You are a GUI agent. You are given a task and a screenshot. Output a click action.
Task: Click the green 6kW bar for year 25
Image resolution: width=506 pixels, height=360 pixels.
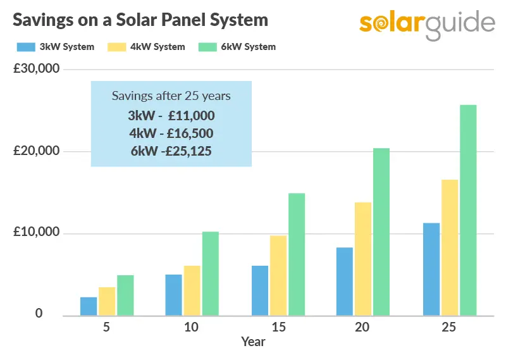(x=468, y=210)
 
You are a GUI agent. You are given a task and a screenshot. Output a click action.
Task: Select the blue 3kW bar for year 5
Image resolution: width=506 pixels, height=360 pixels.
(x=89, y=306)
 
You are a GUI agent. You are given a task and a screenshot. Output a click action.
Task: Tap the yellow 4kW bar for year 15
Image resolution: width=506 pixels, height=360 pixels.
(x=278, y=275)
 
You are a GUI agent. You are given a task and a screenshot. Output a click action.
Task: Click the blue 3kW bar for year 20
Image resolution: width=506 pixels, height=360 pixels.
(x=344, y=281)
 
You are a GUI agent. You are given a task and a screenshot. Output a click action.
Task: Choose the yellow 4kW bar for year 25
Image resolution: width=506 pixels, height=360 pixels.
(x=450, y=247)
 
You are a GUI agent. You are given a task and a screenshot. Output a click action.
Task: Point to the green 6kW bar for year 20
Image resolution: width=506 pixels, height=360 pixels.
(x=381, y=232)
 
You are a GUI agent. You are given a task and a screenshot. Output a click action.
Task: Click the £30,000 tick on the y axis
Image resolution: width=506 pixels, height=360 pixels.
(x=36, y=69)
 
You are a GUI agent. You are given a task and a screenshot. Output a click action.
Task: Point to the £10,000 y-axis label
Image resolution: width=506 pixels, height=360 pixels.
(x=36, y=233)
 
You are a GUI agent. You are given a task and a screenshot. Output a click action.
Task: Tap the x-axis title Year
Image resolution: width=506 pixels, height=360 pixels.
(x=253, y=342)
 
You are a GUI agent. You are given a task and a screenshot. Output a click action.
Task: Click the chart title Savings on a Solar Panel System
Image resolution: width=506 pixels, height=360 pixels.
(x=140, y=20)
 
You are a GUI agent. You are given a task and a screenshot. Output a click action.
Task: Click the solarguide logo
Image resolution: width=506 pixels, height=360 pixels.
(x=427, y=24)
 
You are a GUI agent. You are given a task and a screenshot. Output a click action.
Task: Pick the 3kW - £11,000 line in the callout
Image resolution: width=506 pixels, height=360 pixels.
(x=171, y=116)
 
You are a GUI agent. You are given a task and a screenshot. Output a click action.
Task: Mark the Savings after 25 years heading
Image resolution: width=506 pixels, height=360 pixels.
(x=171, y=96)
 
